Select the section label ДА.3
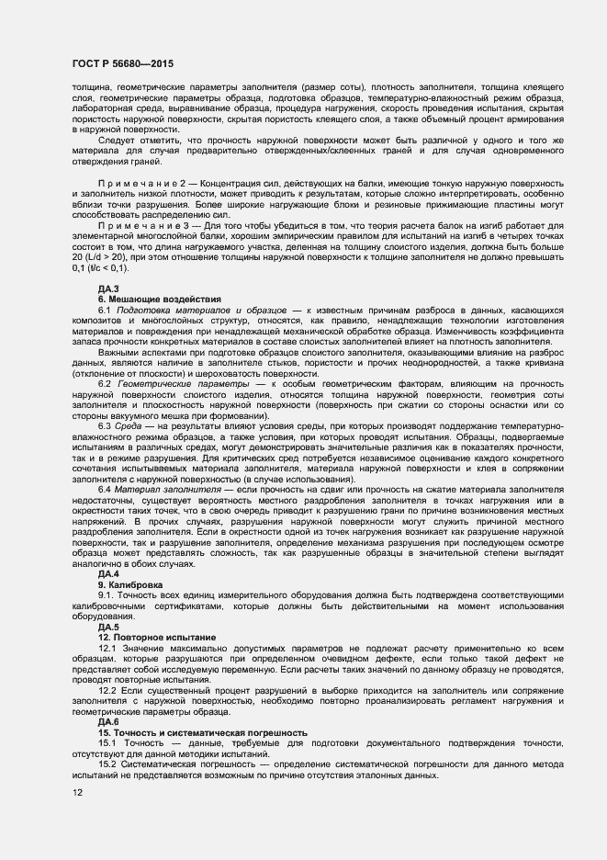109,289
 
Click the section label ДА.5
109,627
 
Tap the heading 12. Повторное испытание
157,637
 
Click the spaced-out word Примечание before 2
141,184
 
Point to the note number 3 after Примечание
195,225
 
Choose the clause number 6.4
106,490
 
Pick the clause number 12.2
107,689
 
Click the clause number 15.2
107,765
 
